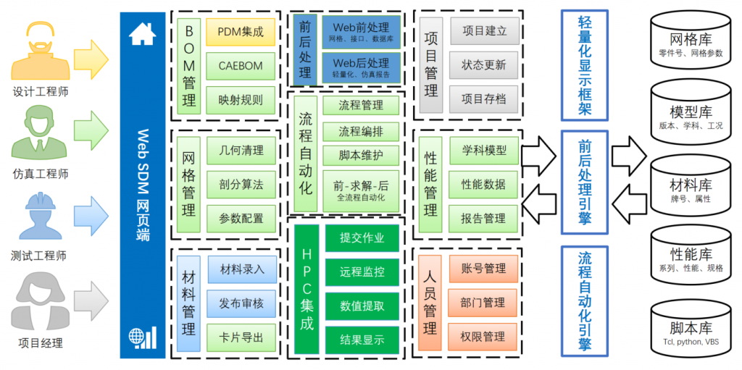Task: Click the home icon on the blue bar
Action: click(143, 34)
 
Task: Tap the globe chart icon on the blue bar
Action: click(143, 337)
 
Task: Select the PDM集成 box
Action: click(241, 32)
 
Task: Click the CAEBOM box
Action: click(241, 66)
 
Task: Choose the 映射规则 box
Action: click(241, 100)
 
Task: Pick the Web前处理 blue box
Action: click(360, 32)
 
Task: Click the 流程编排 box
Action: click(362, 132)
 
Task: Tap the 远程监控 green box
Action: click(362, 272)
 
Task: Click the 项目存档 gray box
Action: click(484, 99)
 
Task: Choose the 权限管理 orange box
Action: click(483, 337)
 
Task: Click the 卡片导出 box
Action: click(241, 337)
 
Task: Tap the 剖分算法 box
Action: click(241, 185)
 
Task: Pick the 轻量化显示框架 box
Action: click(584, 65)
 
